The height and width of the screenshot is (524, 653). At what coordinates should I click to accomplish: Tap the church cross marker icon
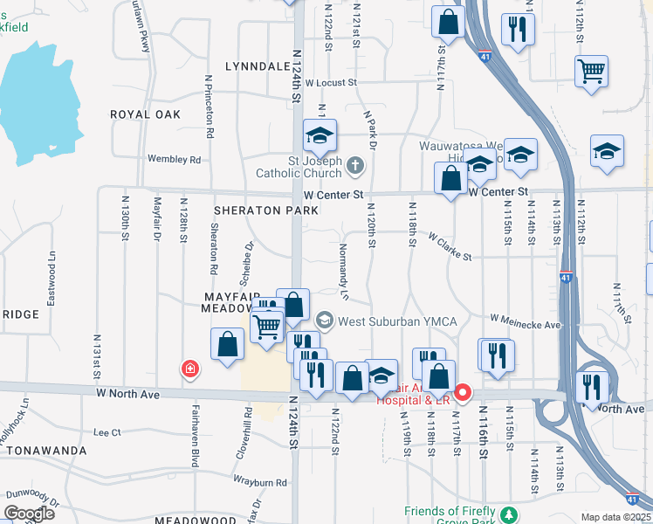pos(355,164)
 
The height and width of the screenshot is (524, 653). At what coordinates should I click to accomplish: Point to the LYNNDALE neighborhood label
pos(257,66)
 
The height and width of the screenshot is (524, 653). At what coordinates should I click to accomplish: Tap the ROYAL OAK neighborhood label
pos(145,114)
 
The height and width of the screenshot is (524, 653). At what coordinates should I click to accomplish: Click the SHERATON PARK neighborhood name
pos(259,210)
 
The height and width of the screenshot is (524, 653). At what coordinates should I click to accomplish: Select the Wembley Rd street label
pos(175,160)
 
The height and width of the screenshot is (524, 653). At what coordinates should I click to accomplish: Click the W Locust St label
pos(330,83)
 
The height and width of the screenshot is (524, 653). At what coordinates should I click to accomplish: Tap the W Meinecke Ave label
pos(526,323)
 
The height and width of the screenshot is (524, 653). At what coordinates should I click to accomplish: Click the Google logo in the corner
pos(29,514)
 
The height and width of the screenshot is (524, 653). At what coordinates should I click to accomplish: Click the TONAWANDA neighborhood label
pos(46,451)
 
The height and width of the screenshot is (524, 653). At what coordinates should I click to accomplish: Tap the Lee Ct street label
pos(107,432)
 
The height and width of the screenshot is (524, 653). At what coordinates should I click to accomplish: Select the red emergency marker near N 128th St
pos(189,370)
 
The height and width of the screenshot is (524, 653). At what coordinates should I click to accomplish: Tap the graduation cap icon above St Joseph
pos(320,135)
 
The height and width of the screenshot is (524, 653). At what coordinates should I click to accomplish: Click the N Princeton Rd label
pos(210,108)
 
